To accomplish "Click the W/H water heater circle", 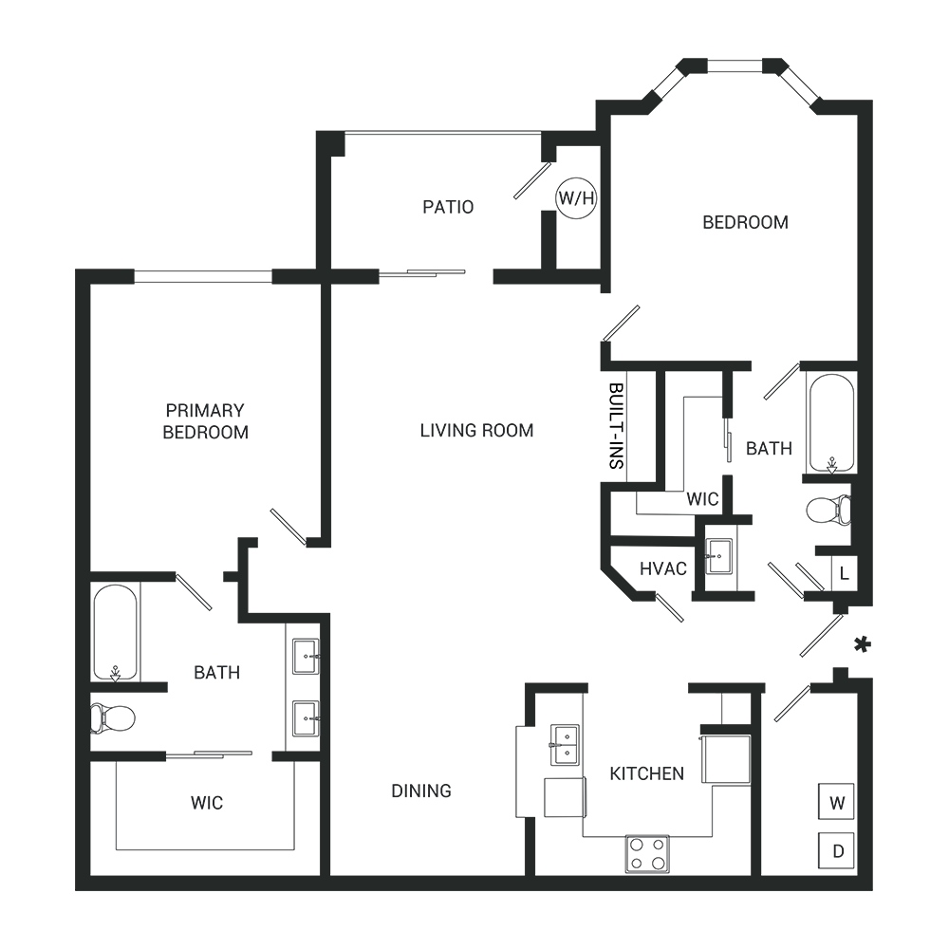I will [x=576, y=199].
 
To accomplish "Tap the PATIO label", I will [x=448, y=207].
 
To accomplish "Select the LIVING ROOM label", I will [x=476, y=431].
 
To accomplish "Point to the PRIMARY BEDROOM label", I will [x=205, y=422].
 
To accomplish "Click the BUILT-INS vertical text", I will [x=616, y=426].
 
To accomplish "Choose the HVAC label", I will [x=662, y=569].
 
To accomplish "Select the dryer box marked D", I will [x=837, y=850].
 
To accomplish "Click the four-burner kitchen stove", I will [x=647, y=853].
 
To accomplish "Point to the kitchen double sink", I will [x=565, y=745].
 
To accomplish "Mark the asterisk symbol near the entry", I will [x=862, y=645].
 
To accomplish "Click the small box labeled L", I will [x=844, y=573].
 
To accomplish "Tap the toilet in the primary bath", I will [x=113, y=717].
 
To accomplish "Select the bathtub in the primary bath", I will [x=116, y=631].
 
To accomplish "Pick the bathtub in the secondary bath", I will [x=830, y=423].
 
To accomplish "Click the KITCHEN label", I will [x=646, y=773].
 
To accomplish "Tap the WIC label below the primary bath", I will [x=207, y=803].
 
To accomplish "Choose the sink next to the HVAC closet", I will [x=718, y=556].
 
